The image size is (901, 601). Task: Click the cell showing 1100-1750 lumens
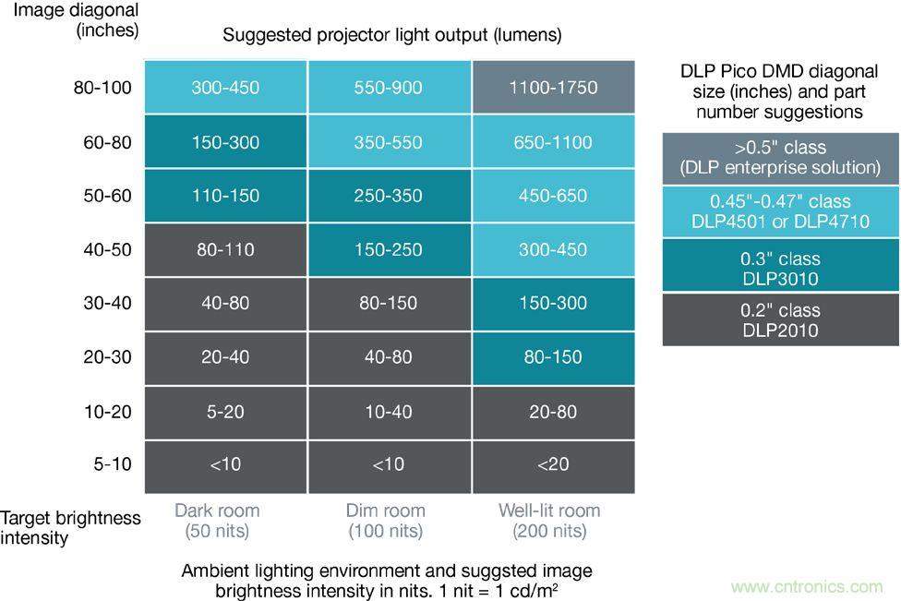pos(553,88)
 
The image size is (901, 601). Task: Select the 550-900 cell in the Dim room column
pos(389,88)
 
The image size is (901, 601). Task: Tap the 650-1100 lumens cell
pos(553,142)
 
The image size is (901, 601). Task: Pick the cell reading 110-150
pos(225,196)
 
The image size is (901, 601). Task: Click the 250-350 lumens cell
pos(389,196)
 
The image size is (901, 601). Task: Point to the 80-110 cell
pos(225,249)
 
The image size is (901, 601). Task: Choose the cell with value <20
pos(553,464)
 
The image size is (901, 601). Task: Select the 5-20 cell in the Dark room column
pos(225,411)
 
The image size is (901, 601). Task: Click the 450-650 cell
pos(553,196)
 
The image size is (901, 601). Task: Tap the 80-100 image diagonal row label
pos(102,88)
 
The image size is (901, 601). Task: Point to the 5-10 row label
pos(113,464)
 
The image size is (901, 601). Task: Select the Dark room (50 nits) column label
pos(217,521)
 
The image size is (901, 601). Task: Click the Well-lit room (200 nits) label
pos(549,521)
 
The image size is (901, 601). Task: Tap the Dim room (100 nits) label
pos(386,521)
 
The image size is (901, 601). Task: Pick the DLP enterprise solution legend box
pos(780,157)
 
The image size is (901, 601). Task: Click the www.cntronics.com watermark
pos(806,586)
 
